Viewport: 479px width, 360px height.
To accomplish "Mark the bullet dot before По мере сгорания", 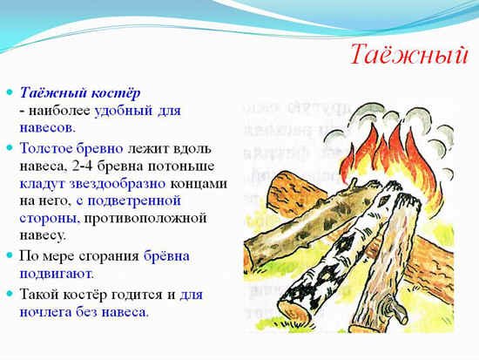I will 11,256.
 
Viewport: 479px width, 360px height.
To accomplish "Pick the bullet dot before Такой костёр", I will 11,294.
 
